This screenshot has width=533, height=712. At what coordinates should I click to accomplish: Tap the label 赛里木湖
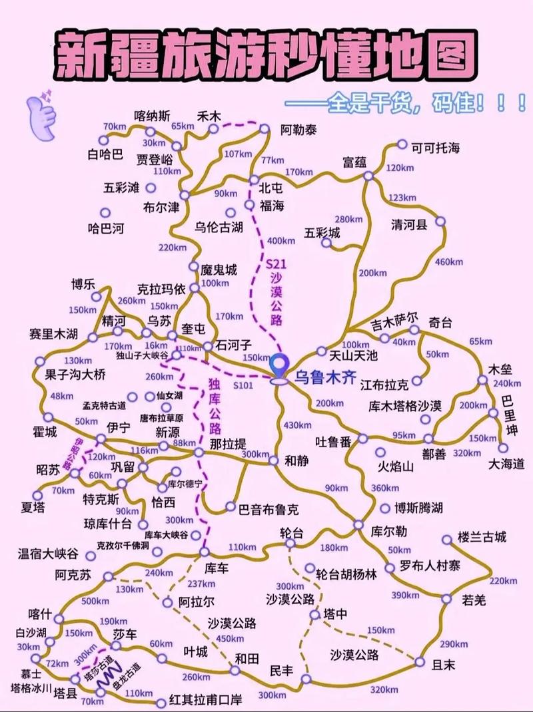tap(54, 333)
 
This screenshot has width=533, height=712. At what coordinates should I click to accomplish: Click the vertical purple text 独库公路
tap(214, 405)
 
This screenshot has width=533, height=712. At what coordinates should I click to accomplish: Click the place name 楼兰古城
tap(483, 537)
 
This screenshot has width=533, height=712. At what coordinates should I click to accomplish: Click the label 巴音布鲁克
tap(269, 509)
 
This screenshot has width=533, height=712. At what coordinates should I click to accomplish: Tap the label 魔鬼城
tap(219, 270)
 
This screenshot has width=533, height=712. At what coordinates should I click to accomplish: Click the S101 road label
tap(243, 385)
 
